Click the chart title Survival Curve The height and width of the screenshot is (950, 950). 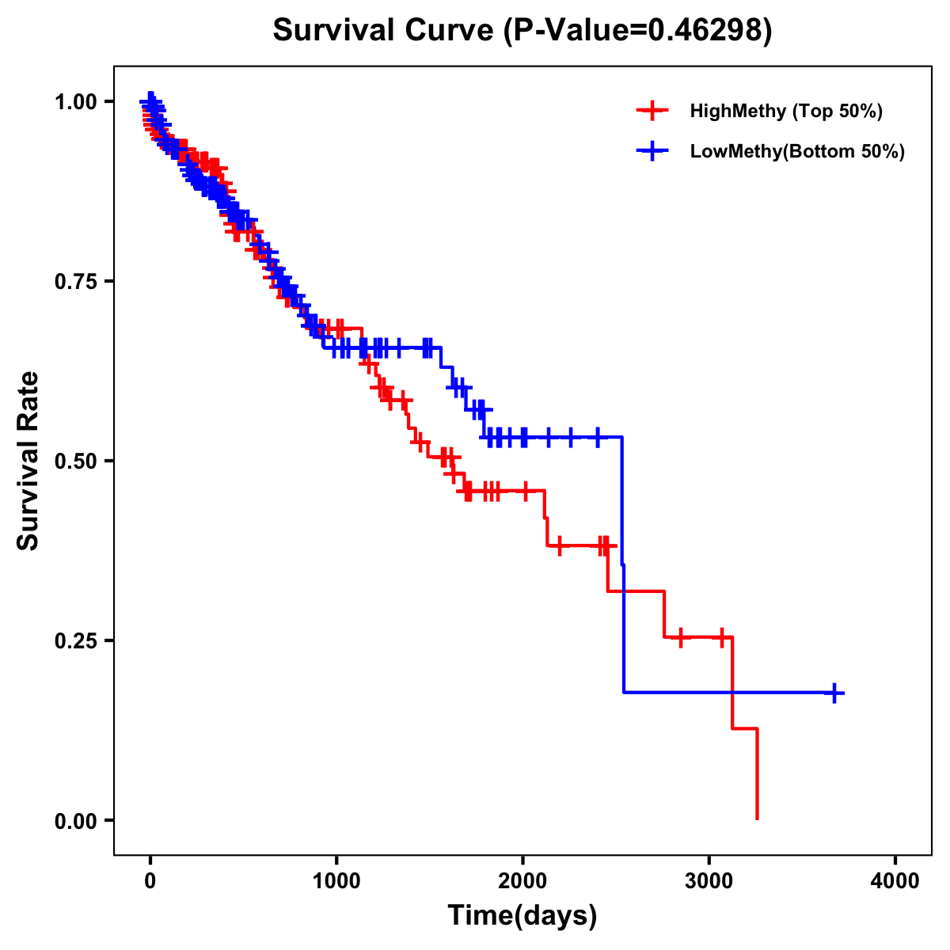click(383, 30)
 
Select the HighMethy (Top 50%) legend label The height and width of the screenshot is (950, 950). click(785, 111)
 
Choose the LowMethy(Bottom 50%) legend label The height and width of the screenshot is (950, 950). click(797, 151)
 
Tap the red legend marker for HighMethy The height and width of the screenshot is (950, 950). click(652, 111)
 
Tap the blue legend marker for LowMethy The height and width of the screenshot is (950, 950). click(652, 151)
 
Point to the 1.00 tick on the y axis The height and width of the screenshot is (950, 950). click(75, 101)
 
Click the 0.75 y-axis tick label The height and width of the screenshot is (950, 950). click(75, 281)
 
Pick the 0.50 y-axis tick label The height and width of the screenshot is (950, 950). click(75, 461)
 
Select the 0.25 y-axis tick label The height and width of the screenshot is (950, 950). click(75, 640)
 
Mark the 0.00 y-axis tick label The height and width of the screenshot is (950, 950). click(75, 820)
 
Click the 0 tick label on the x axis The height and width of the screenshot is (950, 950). click(150, 881)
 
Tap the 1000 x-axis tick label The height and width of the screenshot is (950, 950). click(336, 881)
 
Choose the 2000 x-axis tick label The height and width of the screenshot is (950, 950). click(522, 881)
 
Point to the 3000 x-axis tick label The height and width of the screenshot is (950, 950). click(709, 881)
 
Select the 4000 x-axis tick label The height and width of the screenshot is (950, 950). click(895, 881)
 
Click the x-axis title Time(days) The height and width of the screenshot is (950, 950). click(522, 916)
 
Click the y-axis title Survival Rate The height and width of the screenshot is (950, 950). click(28, 461)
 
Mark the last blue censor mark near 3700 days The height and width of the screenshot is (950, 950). click(834, 693)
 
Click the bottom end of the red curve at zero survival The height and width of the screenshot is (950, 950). click(758, 818)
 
